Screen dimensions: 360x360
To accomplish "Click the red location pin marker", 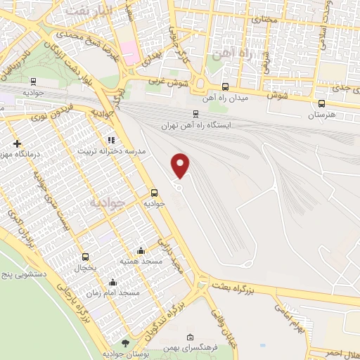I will tap(181, 165).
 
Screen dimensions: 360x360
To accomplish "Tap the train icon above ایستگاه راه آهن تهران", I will tap(195, 113).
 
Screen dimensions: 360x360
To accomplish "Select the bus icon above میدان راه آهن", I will tap(225, 86).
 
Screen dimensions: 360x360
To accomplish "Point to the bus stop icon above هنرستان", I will tap(321, 103).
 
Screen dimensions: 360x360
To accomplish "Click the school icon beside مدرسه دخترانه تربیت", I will tap(110, 139).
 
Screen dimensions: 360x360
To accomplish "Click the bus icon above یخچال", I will tap(86, 257).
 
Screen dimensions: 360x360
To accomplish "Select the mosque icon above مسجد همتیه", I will tap(141, 250).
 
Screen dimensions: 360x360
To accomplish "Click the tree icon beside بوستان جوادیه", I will tap(125, 342).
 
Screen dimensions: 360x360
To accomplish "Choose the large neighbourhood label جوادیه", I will tap(108, 202).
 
